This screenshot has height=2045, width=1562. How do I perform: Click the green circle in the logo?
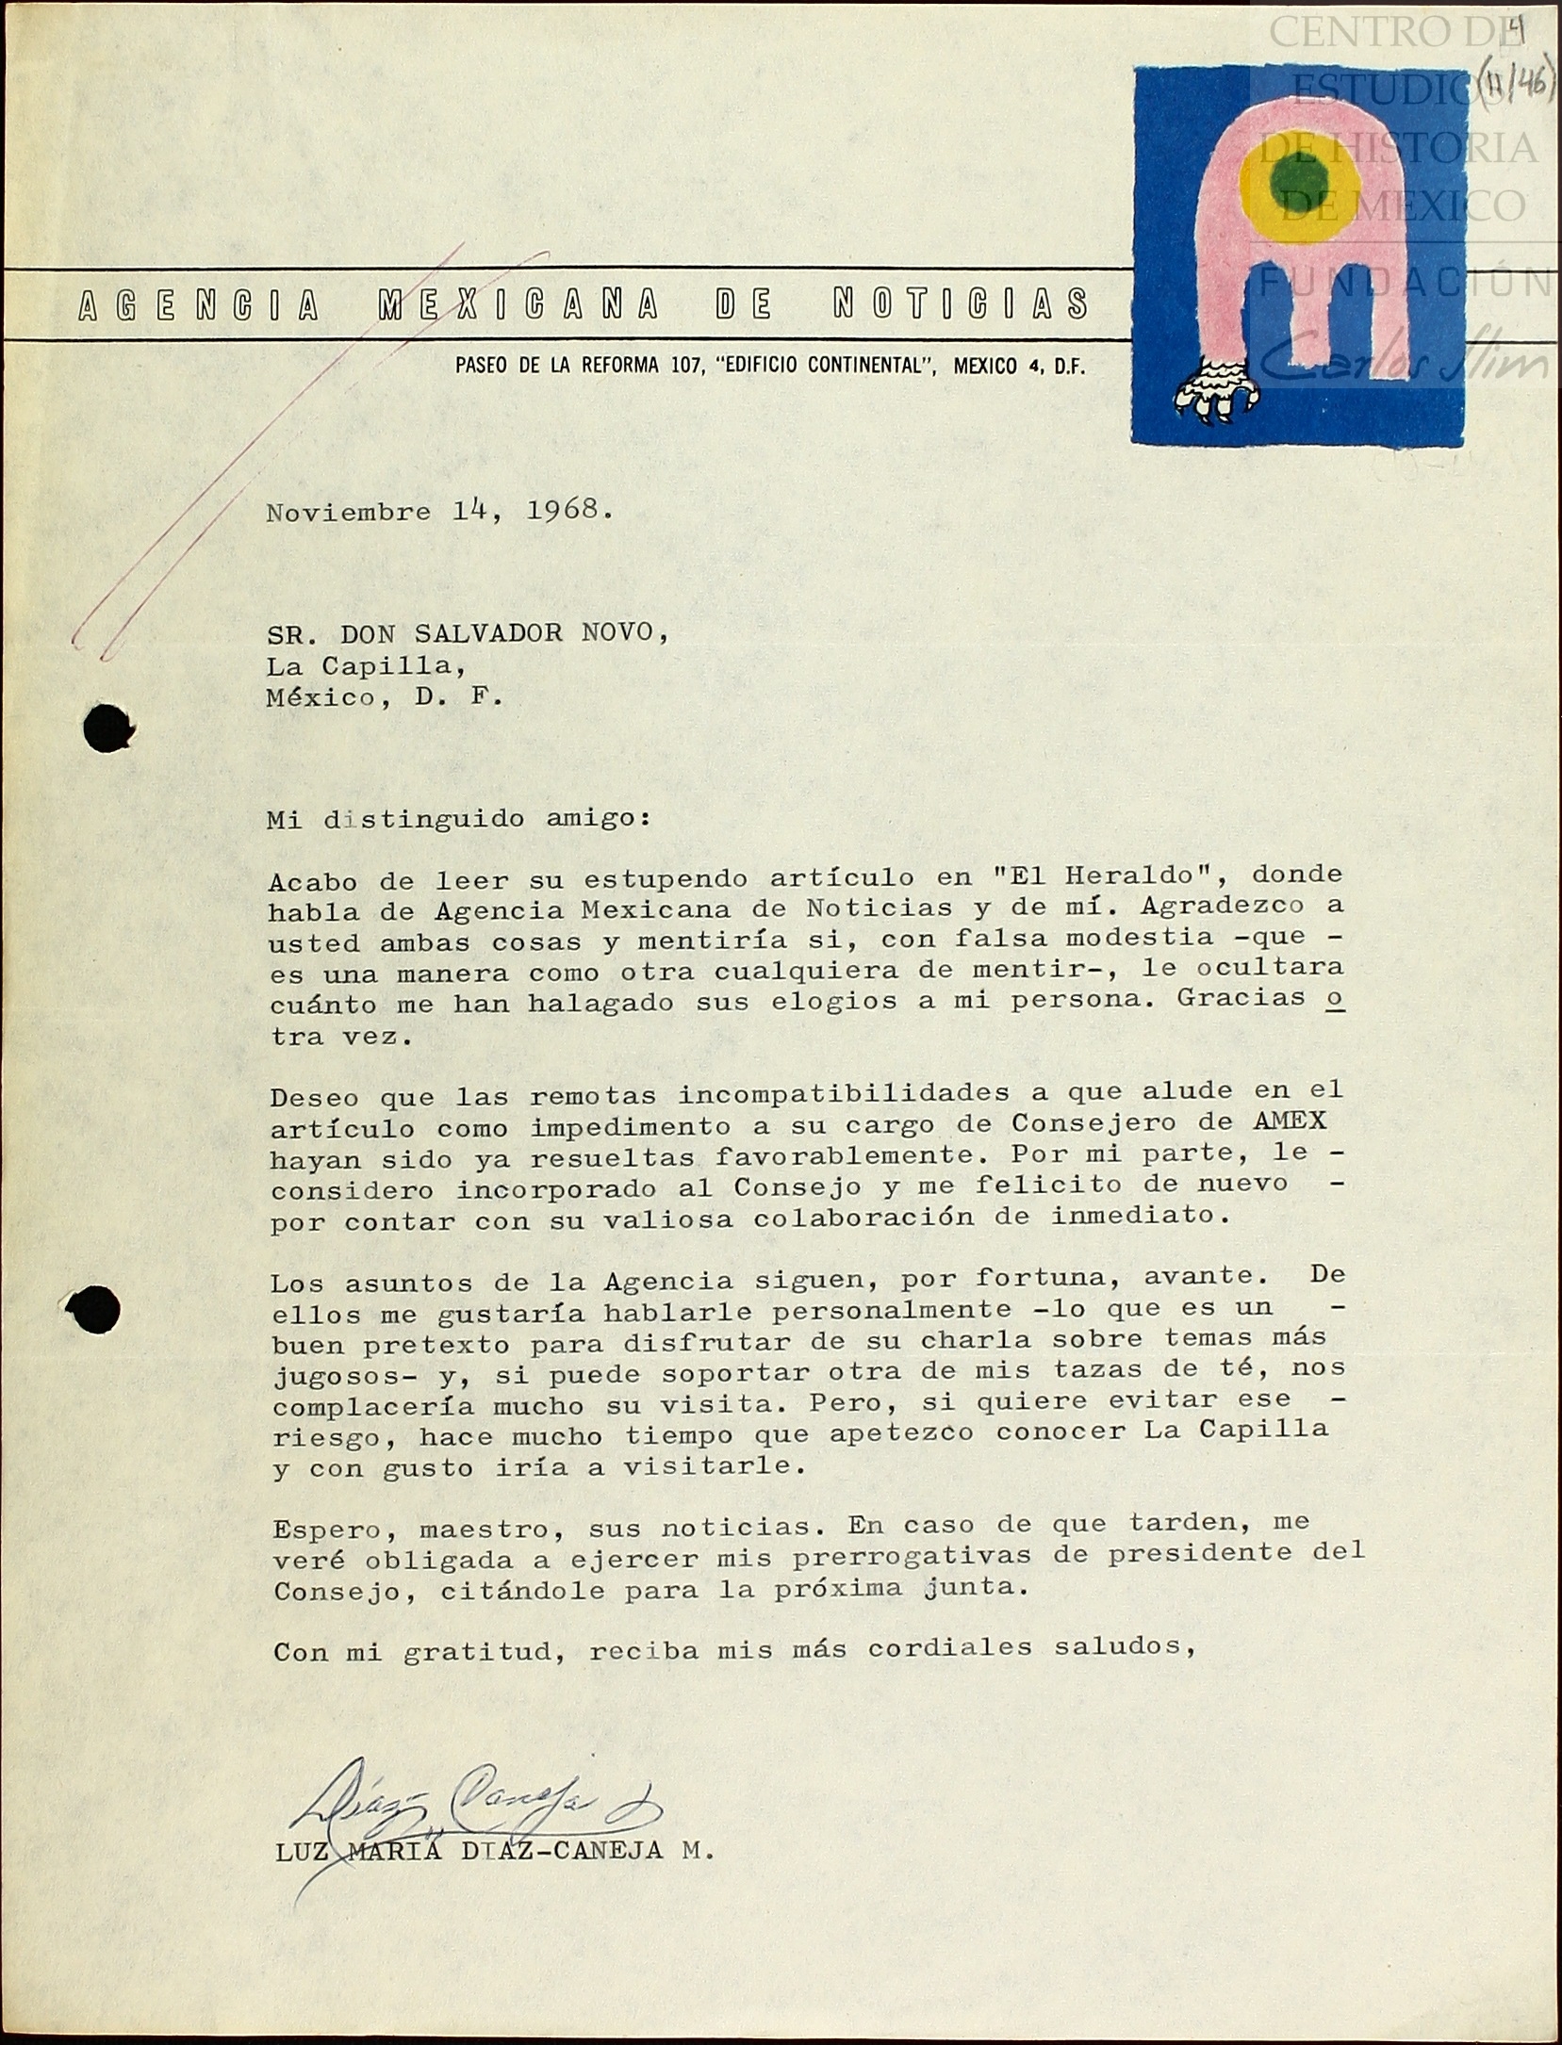[x=1298, y=182]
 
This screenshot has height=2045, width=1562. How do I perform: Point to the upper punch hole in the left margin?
[x=107, y=728]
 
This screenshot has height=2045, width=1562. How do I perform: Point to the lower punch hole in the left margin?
[x=95, y=1309]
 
